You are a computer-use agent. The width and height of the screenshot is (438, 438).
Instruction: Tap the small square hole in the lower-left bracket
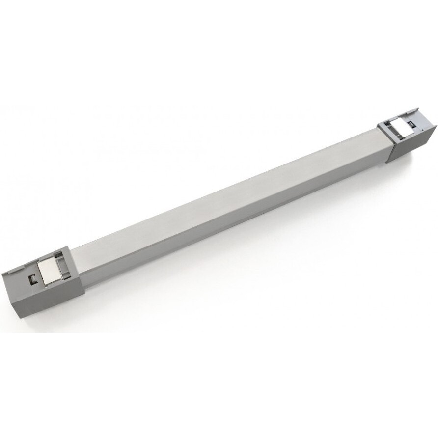(32, 278)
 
